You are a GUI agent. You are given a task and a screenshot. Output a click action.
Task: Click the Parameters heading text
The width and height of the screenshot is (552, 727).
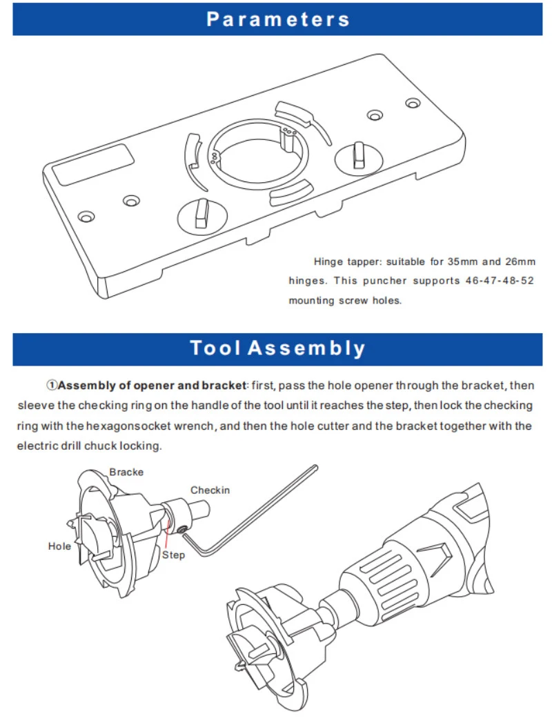click(x=277, y=19)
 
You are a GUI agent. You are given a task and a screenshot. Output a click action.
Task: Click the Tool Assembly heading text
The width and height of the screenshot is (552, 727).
click(x=277, y=348)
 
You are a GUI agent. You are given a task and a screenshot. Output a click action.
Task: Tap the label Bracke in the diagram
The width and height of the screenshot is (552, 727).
click(x=126, y=472)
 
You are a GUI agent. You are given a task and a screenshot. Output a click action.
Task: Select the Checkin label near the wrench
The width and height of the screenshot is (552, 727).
click(x=210, y=490)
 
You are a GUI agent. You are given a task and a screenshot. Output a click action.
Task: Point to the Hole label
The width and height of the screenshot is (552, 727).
click(x=59, y=546)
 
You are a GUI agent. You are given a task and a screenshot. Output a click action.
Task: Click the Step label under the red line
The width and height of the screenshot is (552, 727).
click(x=173, y=555)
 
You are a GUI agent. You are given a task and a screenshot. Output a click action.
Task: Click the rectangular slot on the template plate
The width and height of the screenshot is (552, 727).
click(x=88, y=164)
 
